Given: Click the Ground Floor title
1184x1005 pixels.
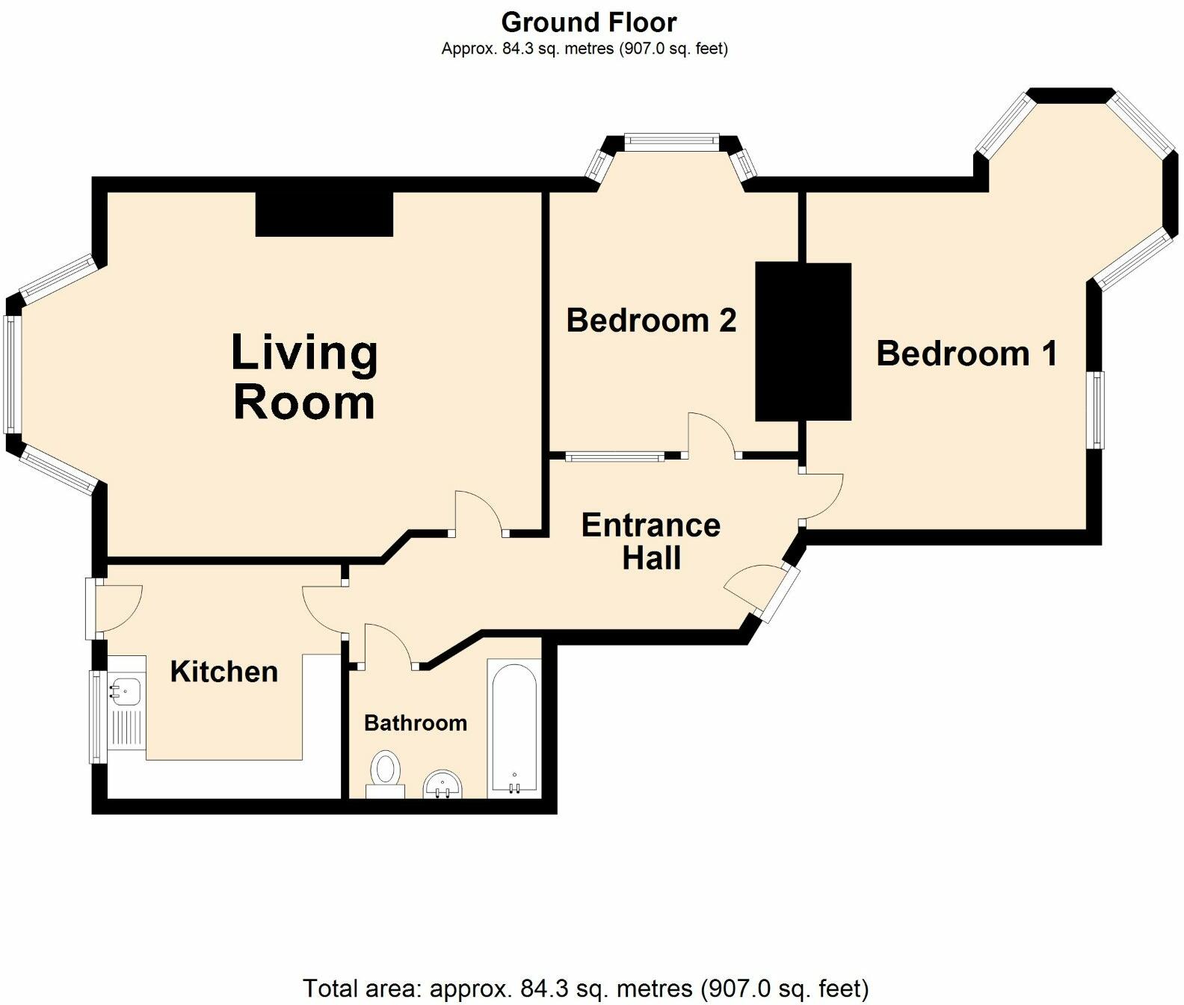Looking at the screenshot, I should click(588, 22).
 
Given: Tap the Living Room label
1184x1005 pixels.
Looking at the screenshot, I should click(304, 377).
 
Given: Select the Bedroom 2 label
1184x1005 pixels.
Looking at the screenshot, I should click(651, 321).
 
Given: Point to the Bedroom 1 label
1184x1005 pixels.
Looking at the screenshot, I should click(966, 353).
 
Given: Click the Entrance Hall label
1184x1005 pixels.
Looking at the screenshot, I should click(651, 541).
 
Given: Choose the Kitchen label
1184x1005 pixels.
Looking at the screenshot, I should click(224, 671).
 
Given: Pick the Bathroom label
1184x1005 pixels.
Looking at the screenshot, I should click(416, 723).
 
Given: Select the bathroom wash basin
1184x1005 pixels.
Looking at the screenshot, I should click(443, 785).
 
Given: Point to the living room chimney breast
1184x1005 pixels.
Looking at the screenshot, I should click(324, 214).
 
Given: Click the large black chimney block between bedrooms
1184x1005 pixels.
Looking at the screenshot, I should click(803, 341).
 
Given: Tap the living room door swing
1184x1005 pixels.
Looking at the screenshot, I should click(479, 512).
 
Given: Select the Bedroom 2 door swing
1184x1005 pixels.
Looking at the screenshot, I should click(711, 433).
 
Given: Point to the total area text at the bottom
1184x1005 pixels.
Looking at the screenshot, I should click(585, 989).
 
